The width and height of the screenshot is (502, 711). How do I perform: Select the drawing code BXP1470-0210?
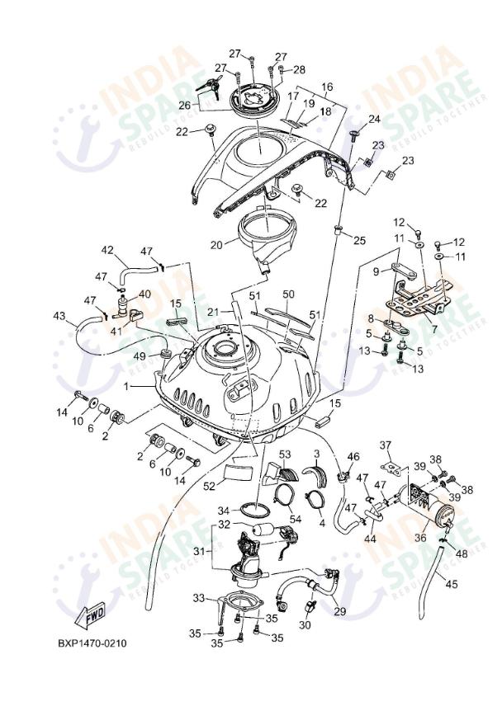pyautogui.click(x=92, y=643)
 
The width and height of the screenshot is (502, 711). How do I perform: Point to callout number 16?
pyautogui.click(x=326, y=87)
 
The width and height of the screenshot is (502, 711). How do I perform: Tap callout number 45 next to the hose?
pyautogui.click(x=450, y=585)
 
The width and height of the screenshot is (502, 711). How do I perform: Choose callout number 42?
pyautogui.click(x=107, y=250)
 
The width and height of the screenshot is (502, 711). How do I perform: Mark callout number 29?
pyautogui.click(x=339, y=611)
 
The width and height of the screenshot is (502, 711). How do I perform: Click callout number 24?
pyautogui.click(x=374, y=120)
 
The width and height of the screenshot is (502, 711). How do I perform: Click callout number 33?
pyautogui.click(x=198, y=598)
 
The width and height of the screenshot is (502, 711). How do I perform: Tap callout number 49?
pyautogui.click(x=140, y=355)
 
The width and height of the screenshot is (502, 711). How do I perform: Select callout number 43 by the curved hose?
pyautogui.click(x=59, y=315)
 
